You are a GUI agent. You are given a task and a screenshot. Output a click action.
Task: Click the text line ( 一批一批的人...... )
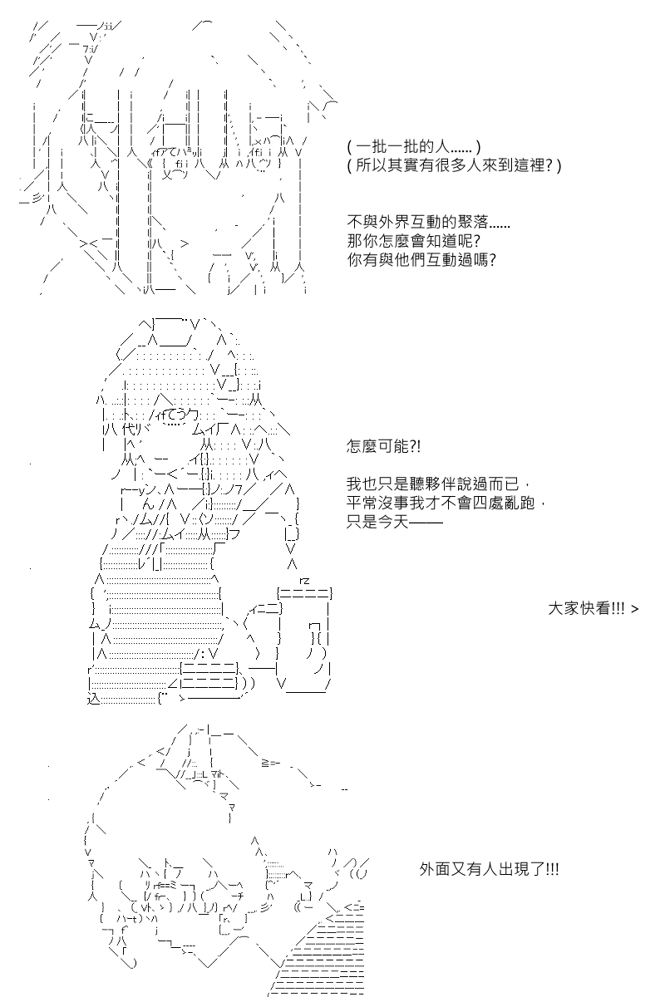coord(414,147)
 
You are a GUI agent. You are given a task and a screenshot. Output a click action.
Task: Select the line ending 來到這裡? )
coord(454,165)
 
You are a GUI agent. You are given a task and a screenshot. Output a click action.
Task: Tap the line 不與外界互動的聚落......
coord(428,222)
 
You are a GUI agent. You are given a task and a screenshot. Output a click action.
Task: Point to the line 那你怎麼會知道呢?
coord(414,241)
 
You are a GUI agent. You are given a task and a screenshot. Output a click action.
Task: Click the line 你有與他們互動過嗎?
coord(421,259)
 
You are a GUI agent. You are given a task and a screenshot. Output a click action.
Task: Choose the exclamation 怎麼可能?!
coord(383,446)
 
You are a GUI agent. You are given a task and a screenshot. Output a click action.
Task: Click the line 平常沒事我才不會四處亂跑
coord(446,503)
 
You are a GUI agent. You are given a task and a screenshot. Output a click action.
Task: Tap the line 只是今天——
coord(395,521)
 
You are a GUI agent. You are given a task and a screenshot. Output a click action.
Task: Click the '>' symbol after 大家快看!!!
coord(635,609)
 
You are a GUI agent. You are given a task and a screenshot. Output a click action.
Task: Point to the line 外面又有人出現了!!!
coord(489,869)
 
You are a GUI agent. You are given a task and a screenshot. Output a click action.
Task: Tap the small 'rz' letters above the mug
coord(305,581)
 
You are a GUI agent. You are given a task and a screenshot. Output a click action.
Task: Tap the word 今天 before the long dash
coord(393,521)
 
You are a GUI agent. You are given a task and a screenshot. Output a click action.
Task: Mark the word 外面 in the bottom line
coord(436,869)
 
